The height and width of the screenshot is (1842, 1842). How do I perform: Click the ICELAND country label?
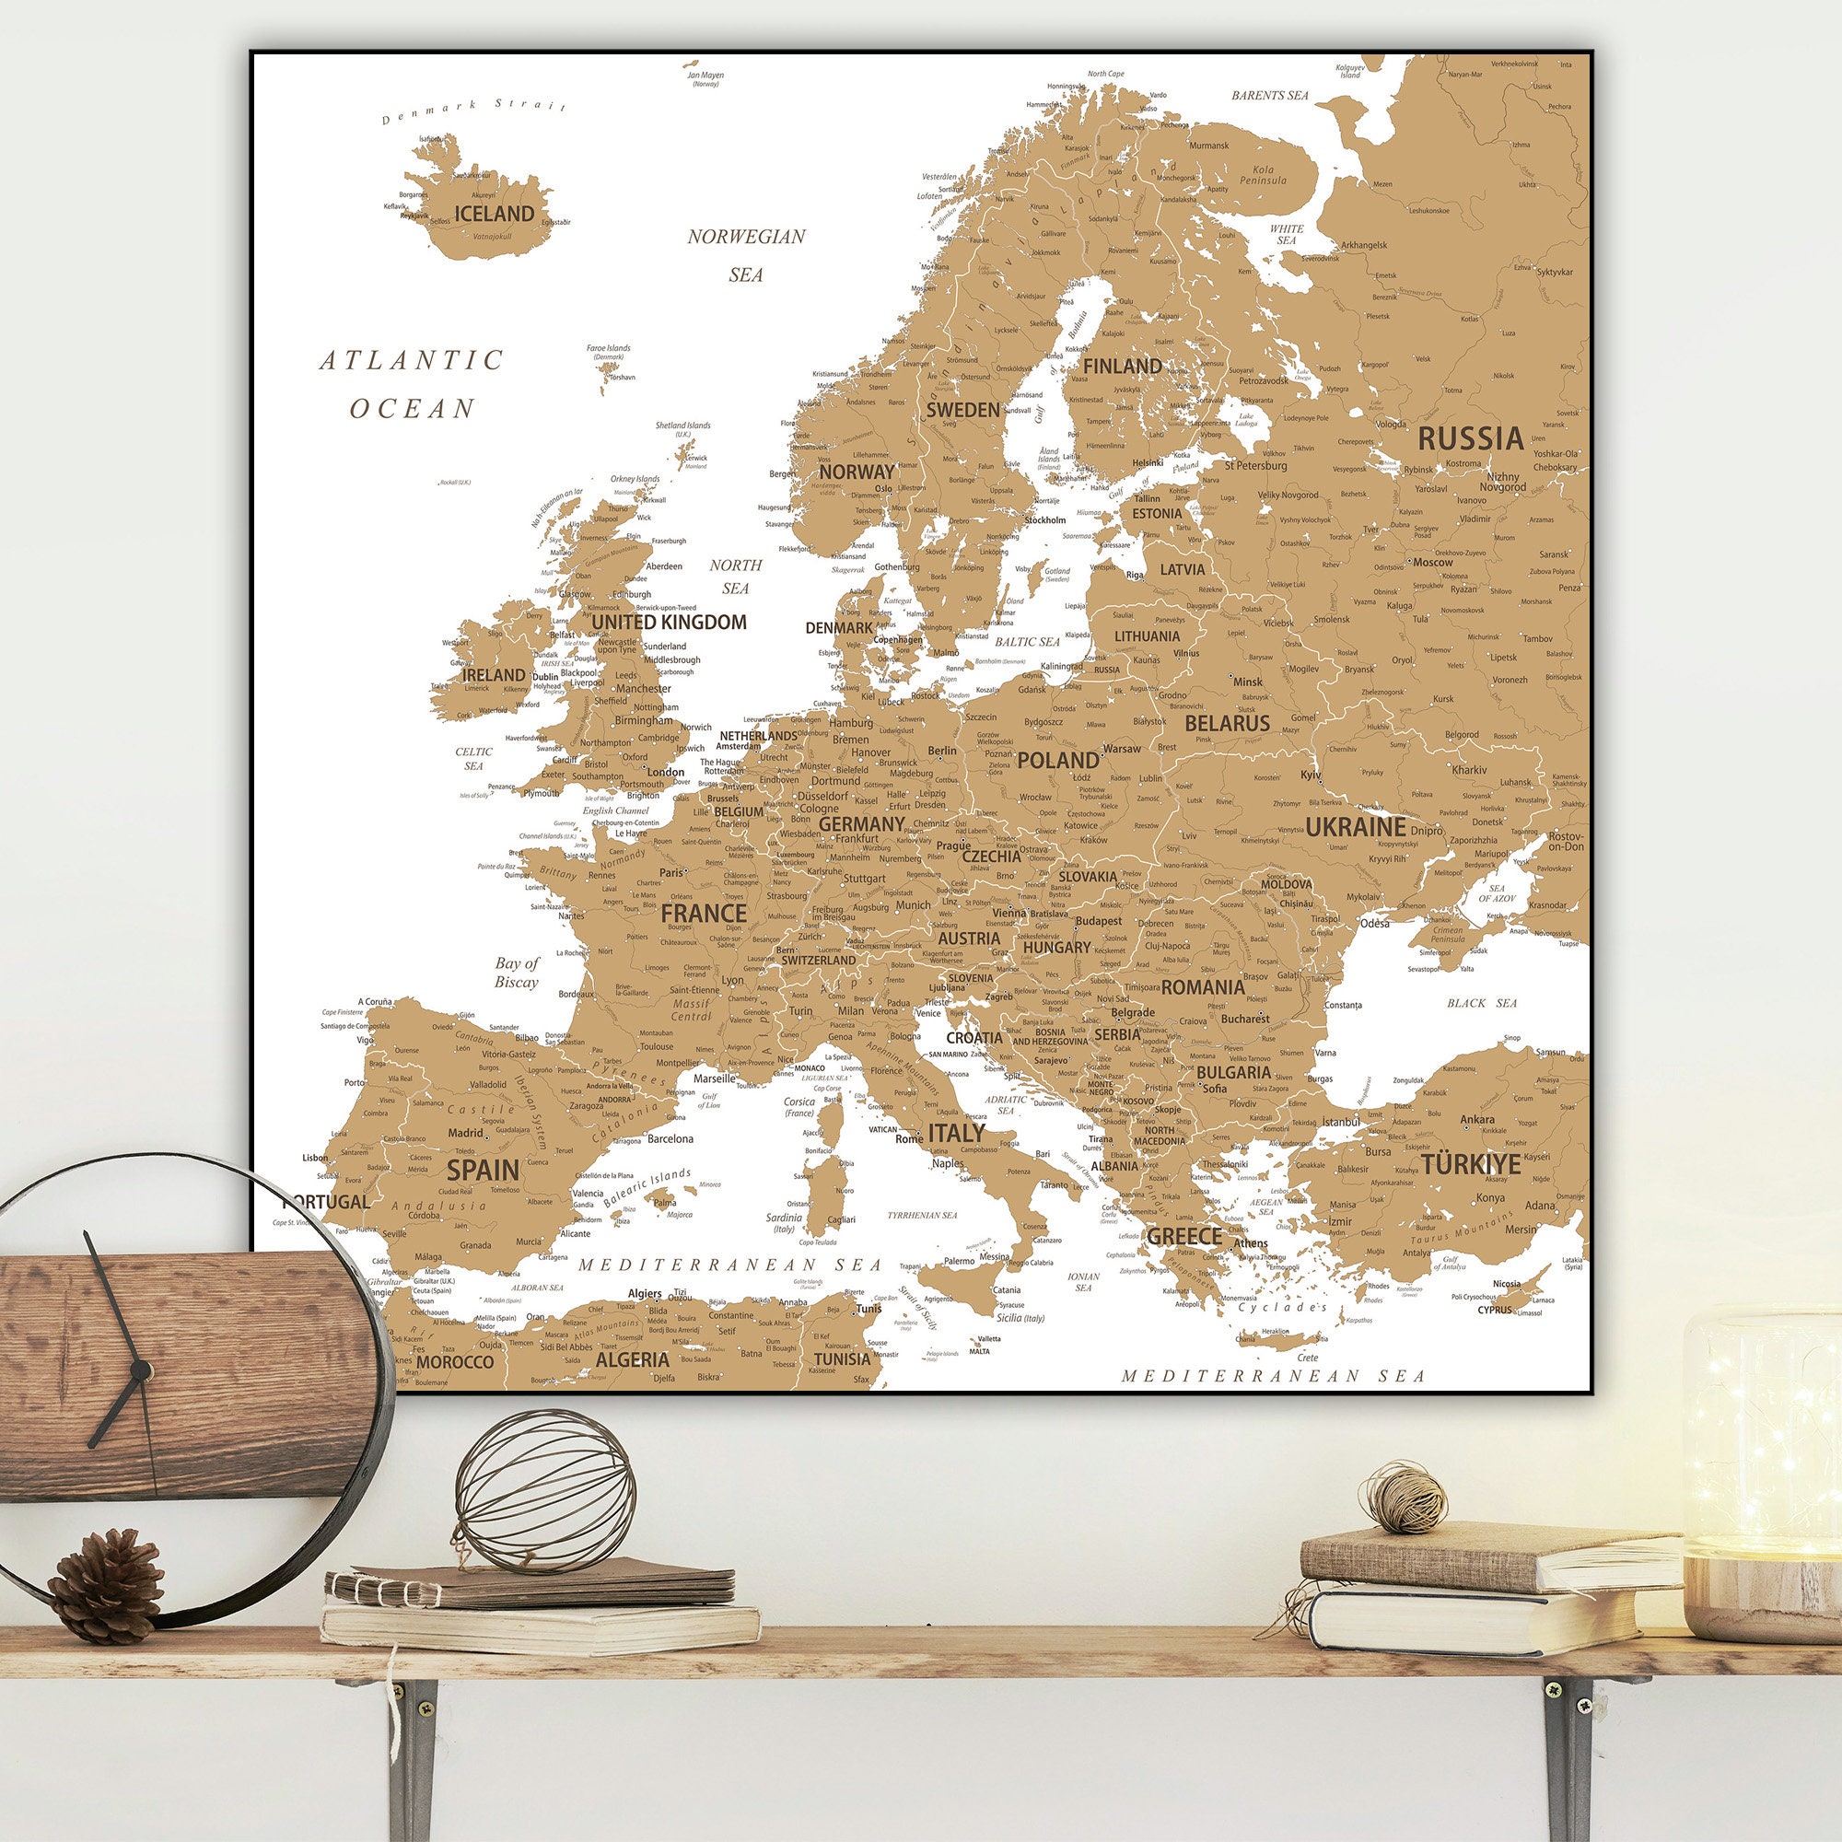coord(493,213)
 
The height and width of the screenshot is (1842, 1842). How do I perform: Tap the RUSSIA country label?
coord(1470,438)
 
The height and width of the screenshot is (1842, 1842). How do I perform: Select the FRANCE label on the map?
coord(704,914)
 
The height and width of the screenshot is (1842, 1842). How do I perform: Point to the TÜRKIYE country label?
coord(1470,1164)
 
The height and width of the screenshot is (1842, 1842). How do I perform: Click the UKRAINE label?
coord(1355,827)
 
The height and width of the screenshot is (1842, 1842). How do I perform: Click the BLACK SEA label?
coord(1482,1003)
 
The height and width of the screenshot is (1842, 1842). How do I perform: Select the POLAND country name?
coord(1057,760)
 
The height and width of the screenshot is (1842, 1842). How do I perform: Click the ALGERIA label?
coord(632,1358)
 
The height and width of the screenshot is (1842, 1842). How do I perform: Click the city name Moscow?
coord(1433,562)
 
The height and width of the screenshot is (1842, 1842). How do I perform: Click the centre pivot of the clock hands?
coord(141,1371)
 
